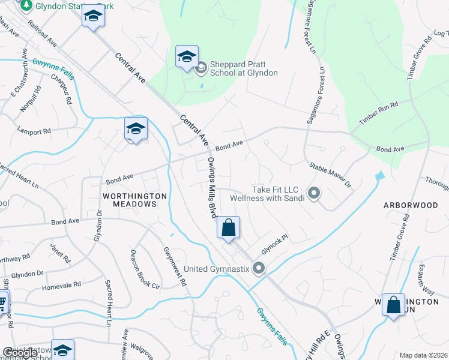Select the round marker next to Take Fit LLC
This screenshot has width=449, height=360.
(313, 193)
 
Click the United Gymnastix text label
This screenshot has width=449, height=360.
(216, 268)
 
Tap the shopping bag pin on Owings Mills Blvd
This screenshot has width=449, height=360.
(228, 228)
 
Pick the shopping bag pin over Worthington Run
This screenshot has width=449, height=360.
(393, 305)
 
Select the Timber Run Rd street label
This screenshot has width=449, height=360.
(379, 113)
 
